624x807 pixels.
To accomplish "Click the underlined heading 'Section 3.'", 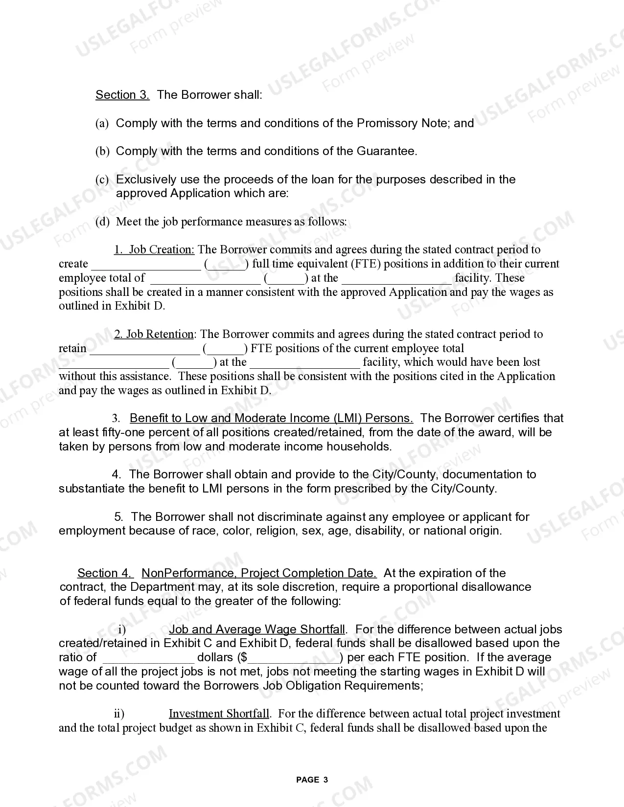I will (122, 95).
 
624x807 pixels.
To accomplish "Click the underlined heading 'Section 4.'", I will (105, 573).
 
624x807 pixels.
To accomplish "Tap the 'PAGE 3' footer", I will (312, 780).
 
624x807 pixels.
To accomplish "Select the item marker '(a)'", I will (102, 123).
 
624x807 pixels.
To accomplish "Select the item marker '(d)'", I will (102, 222).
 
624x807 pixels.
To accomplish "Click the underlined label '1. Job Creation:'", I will (154, 250).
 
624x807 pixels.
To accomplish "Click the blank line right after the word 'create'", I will (146, 265).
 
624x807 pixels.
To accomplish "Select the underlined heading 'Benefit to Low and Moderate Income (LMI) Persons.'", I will (271, 419).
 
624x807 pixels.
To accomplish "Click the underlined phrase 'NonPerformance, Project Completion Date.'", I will (259, 573).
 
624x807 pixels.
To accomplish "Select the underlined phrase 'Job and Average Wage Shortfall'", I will (257, 629).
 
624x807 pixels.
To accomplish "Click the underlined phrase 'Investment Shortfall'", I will (220, 714).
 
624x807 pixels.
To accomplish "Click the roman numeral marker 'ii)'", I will (119, 714).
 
